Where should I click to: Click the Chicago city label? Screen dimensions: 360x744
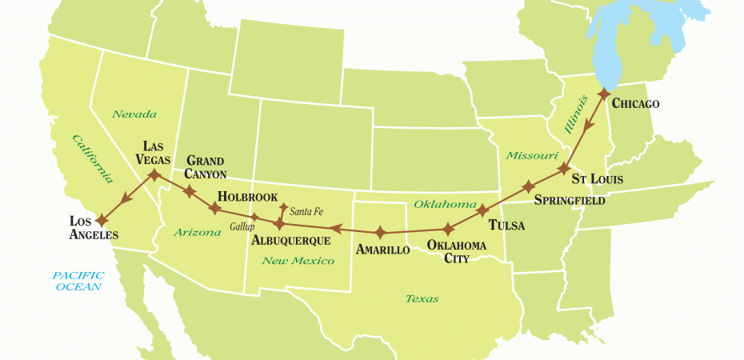[x=636, y=105]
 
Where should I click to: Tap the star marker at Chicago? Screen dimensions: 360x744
[x=603, y=94]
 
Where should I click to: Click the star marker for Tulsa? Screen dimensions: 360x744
[x=482, y=211]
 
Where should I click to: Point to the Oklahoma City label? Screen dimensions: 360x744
[x=457, y=250]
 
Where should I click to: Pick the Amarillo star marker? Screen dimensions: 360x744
[x=381, y=233]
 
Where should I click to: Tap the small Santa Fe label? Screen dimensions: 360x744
[x=306, y=211]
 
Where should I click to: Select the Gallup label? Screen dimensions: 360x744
[x=242, y=227]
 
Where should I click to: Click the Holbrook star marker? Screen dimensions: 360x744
[x=215, y=208]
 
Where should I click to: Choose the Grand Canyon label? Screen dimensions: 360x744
[x=206, y=167]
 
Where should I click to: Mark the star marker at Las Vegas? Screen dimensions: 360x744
[x=154, y=173]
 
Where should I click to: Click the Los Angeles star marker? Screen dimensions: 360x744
[x=102, y=220]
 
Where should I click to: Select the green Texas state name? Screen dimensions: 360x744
[x=422, y=298]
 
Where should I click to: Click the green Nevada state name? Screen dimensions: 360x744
[x=134, y=114]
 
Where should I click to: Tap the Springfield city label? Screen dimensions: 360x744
[x=568, y=199]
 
